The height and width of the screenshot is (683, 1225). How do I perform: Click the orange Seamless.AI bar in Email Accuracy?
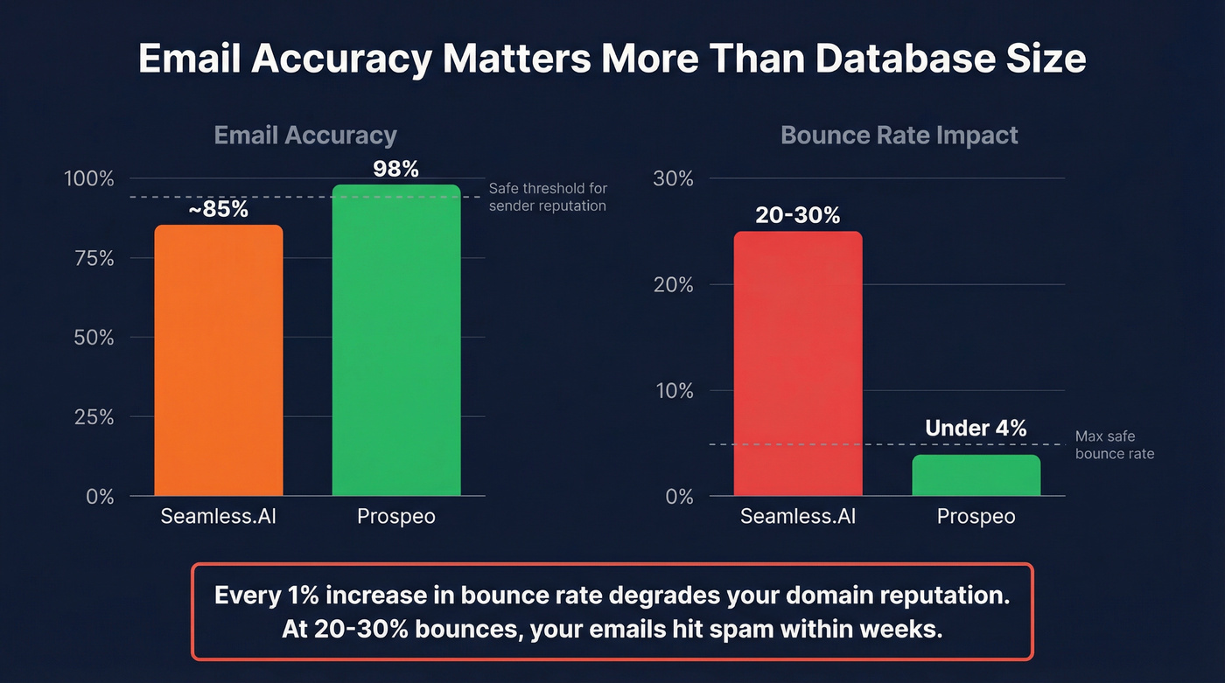click(x=219, y=360)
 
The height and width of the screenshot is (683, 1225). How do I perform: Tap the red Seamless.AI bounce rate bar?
click(x=798, y=364)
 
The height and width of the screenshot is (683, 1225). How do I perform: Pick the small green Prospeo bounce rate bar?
click(x=976, y=476)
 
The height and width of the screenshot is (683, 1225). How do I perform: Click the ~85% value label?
click(x=219, y=210)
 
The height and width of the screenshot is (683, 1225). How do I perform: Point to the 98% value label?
click(x=396, y=169)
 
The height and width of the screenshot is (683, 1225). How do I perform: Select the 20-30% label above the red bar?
click(x=798, y=215)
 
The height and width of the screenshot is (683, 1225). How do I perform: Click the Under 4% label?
click(x=976, y=428)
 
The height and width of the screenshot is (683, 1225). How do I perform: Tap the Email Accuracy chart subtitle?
click(x=305, y=136)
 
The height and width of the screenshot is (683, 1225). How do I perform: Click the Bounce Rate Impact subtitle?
click(x=899, y=136)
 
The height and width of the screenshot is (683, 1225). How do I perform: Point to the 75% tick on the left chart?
click(x=92, y=258)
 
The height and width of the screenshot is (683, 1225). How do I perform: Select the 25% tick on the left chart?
click(x=92, y=417)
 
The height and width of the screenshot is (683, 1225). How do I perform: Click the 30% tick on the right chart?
click(x=673, y=178)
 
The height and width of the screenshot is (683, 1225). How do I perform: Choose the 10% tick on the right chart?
click(x=673, y=391)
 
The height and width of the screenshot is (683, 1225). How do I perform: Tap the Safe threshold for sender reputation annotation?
click(x=548, y=197)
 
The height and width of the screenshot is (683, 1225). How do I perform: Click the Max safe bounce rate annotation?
click(x=1114, y=445)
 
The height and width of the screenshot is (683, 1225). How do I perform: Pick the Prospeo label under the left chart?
click(x=396, y=517)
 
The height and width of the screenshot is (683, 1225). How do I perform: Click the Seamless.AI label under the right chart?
click(x=798, y=517)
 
